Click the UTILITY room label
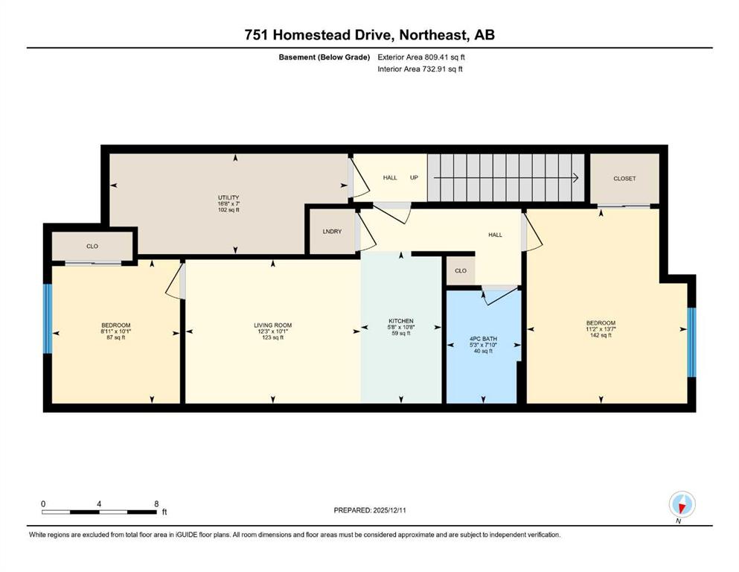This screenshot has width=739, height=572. tap(228, 197)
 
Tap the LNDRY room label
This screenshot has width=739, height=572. tap(332, 232)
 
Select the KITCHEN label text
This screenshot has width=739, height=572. tap(401, 321)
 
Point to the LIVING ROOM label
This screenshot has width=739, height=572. tap(273, 325)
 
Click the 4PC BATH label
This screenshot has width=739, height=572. tap(484, 339)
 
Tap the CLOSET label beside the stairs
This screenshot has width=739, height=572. tap(624, 179)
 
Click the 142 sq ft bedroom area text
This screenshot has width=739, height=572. tap(601, 335)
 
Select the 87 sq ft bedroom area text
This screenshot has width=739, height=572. tap(116, 337)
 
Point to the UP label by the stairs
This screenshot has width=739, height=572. tap(414, 178)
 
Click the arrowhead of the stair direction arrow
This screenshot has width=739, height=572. tap(576, 178)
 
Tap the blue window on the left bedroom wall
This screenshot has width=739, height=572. tap(47, 318)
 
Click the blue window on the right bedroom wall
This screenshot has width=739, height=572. tap(691, 343)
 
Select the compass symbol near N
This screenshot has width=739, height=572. tap(682, 504)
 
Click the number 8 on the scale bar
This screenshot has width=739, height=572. tap(156, 503)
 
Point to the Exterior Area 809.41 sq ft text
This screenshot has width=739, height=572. tap(421, 57)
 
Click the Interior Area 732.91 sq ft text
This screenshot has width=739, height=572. tap(420, 69)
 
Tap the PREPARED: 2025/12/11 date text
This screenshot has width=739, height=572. tap(370, 510)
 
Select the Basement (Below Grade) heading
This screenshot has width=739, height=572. tap(324, 57)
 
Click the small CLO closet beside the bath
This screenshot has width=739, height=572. tap(461, 270)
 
